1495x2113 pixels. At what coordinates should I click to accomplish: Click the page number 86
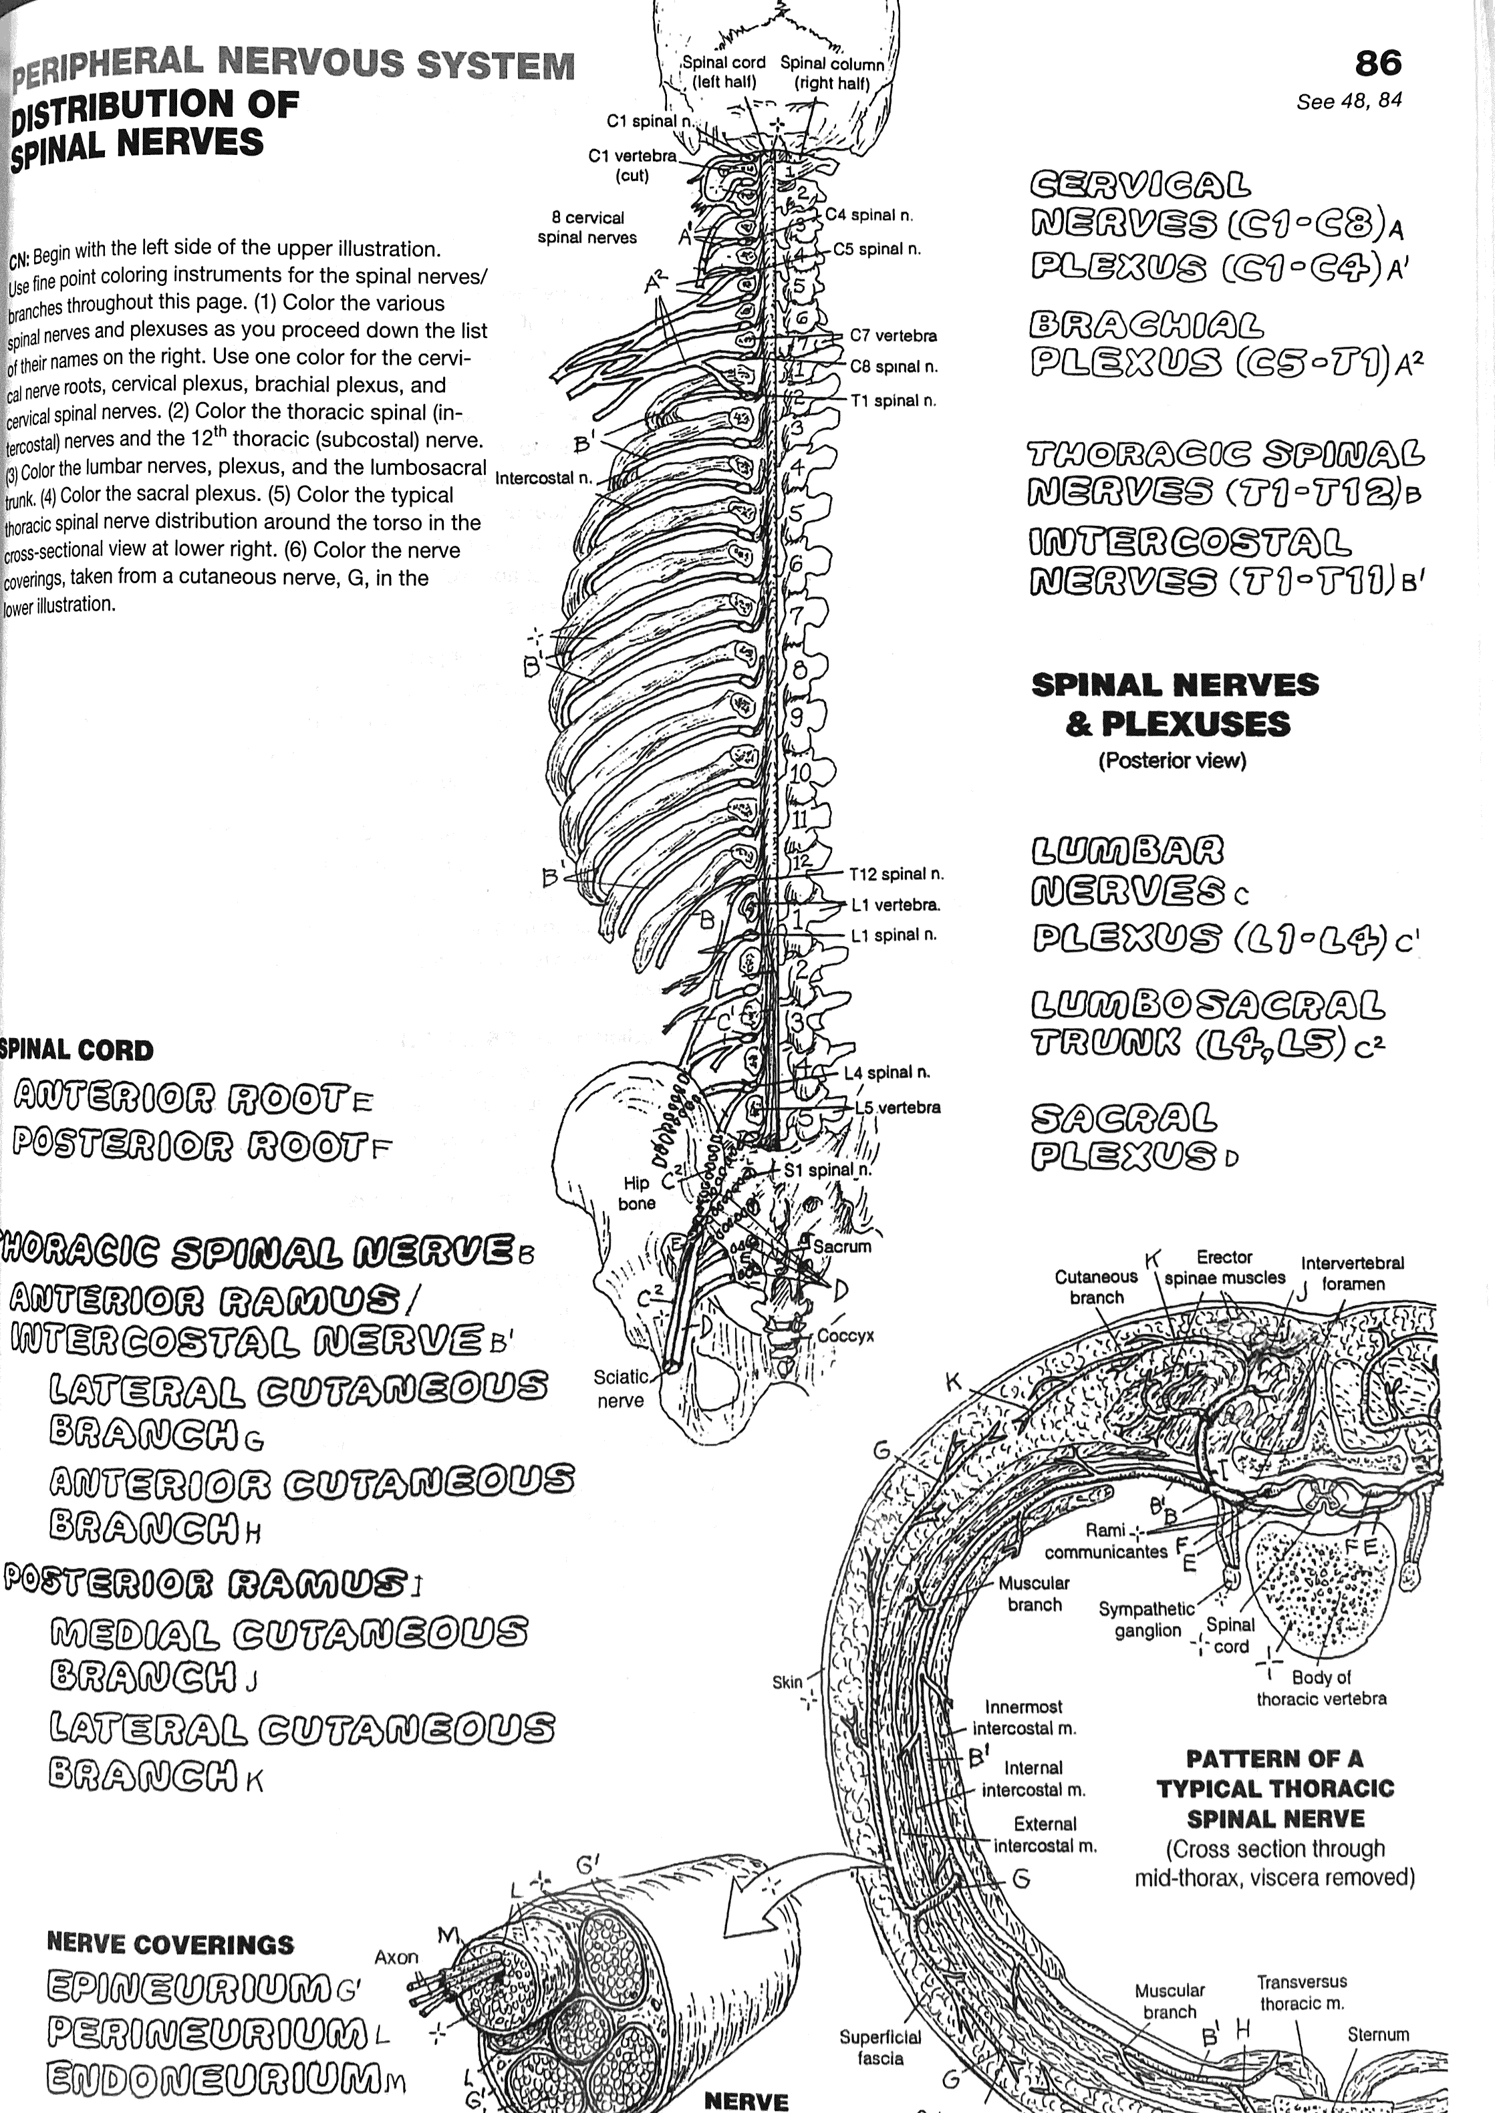pos(1378,63)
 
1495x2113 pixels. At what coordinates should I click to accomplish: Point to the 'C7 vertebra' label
pos(893,336)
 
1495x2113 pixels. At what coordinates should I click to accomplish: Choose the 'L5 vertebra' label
pos(898,1107)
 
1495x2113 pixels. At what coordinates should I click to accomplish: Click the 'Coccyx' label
pos(845,1335)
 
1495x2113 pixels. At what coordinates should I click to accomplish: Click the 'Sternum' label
pos(1378,2035)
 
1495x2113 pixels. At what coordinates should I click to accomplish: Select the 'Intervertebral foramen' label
pos(1352,1274)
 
